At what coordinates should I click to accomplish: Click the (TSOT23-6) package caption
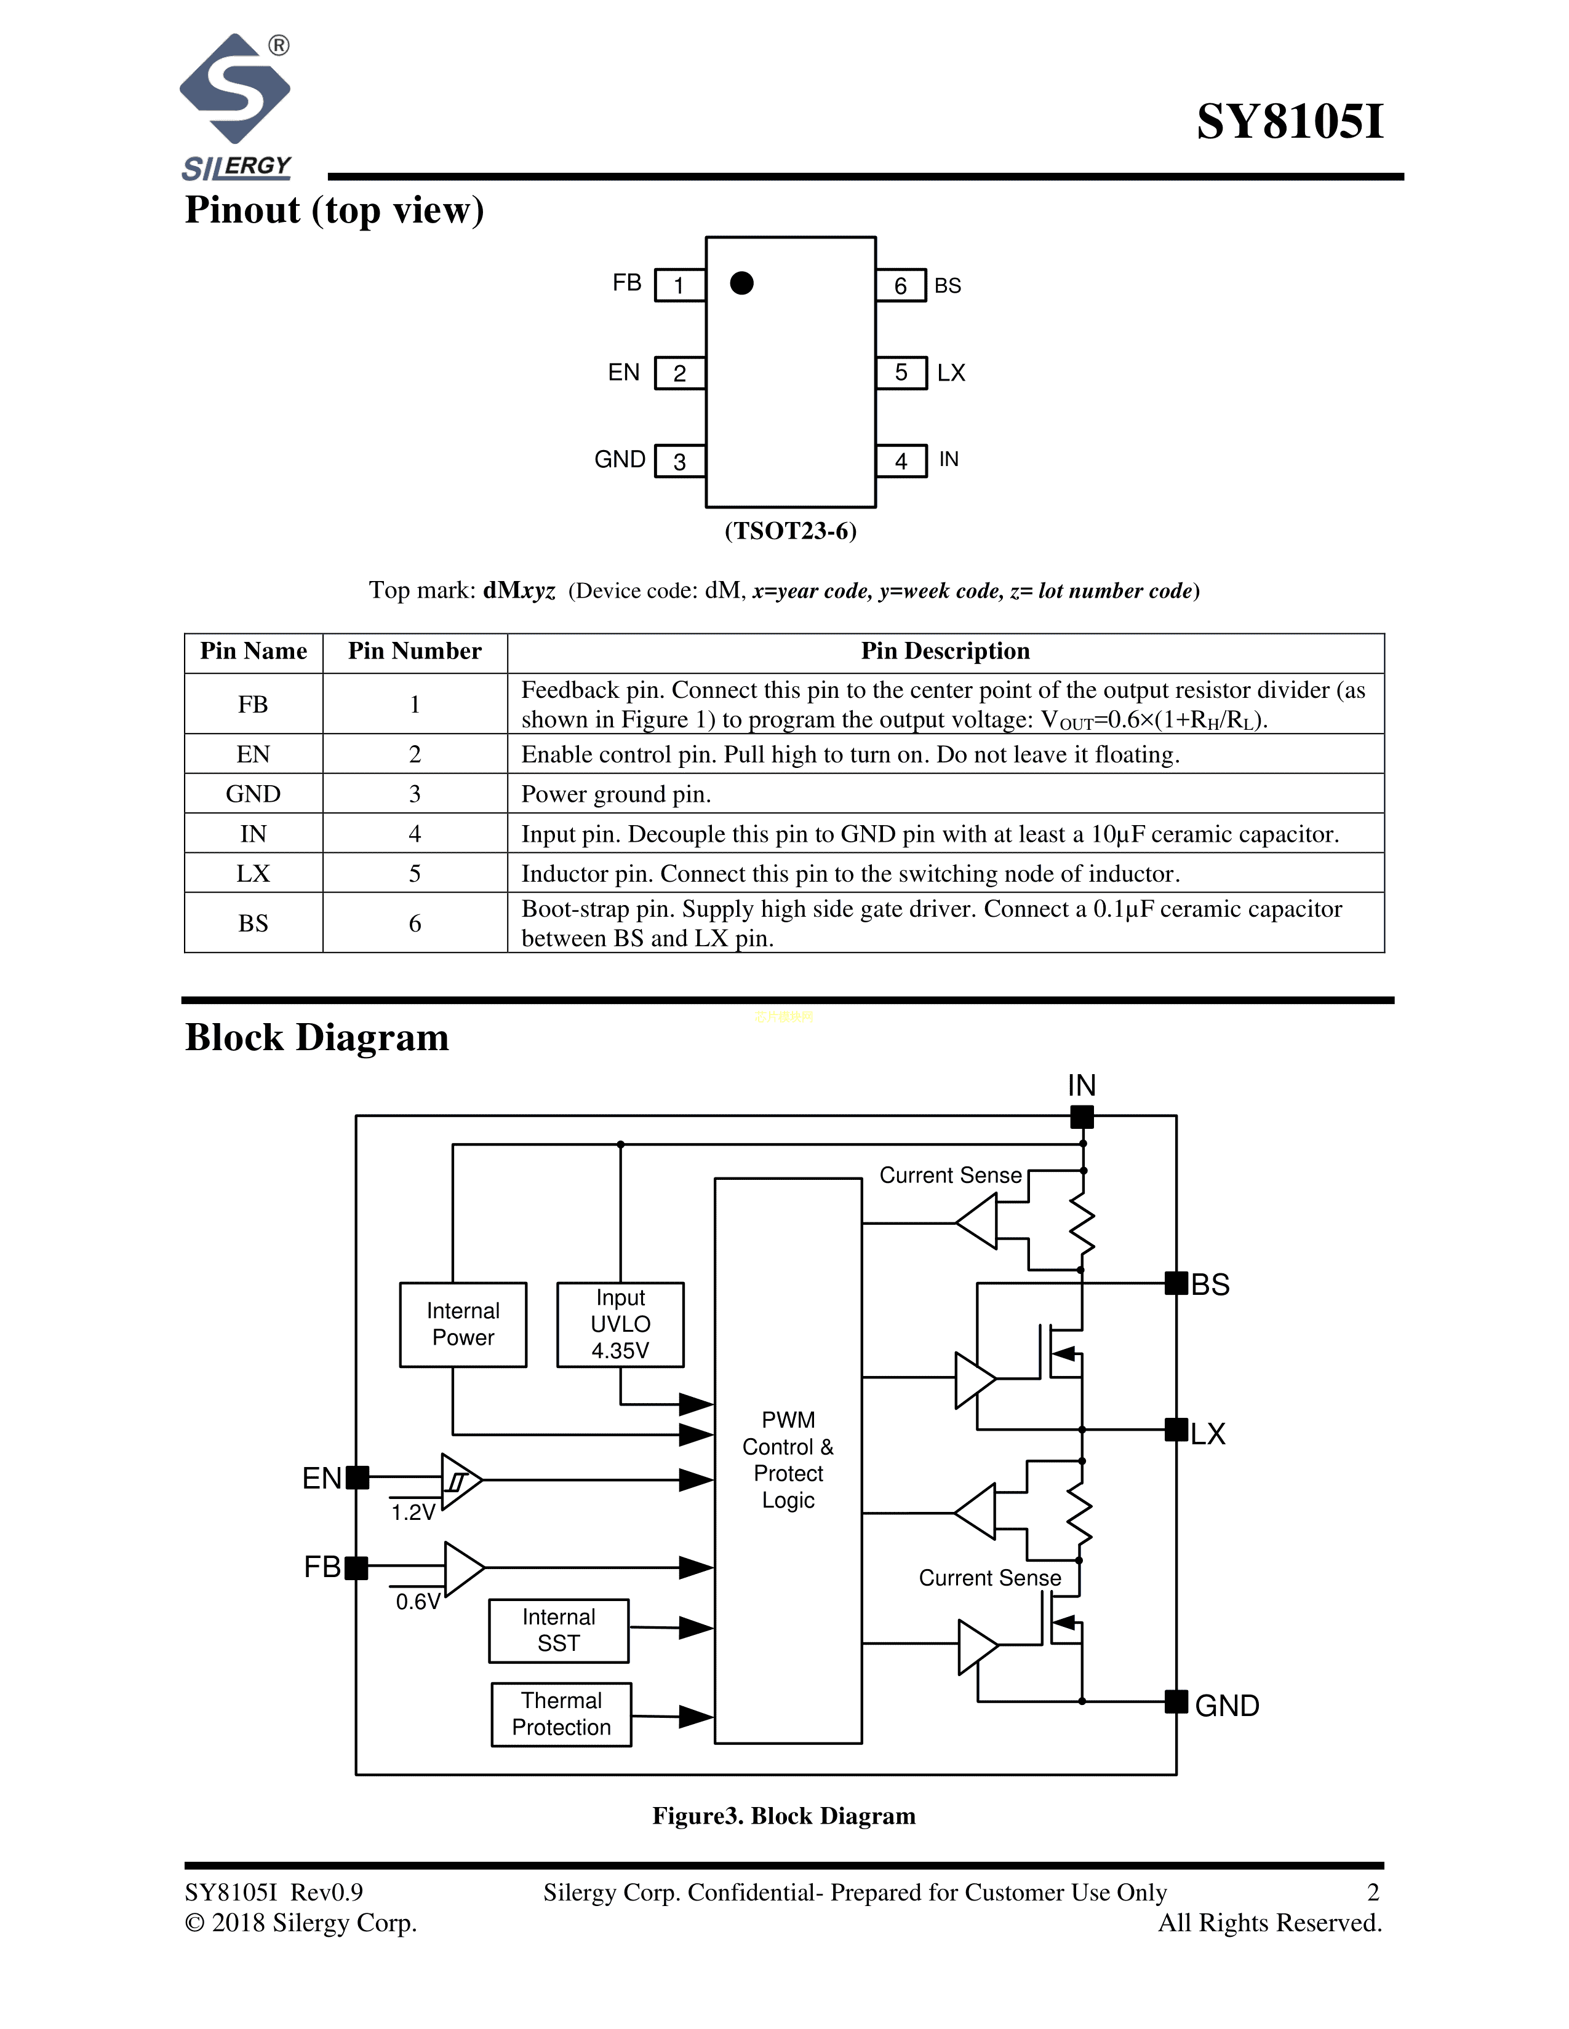click(790, 531)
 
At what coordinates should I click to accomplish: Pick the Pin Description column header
click(944, 651)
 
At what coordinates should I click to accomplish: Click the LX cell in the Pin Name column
click(253, 873)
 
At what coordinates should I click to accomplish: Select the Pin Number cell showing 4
click(415, 834)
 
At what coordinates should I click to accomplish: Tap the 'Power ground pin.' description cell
click(944, 794)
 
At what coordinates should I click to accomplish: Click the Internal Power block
click(463, 1324)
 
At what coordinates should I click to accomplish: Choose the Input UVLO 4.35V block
click(620, 1324)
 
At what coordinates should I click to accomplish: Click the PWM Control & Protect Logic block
click(788, 1460)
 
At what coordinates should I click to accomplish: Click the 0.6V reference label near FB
click(417, 1602)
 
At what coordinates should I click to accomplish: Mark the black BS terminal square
click(1176, 1283)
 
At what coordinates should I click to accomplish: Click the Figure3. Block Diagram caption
click(783, 1816)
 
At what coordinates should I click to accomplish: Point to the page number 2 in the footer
click(1373, 1893)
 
